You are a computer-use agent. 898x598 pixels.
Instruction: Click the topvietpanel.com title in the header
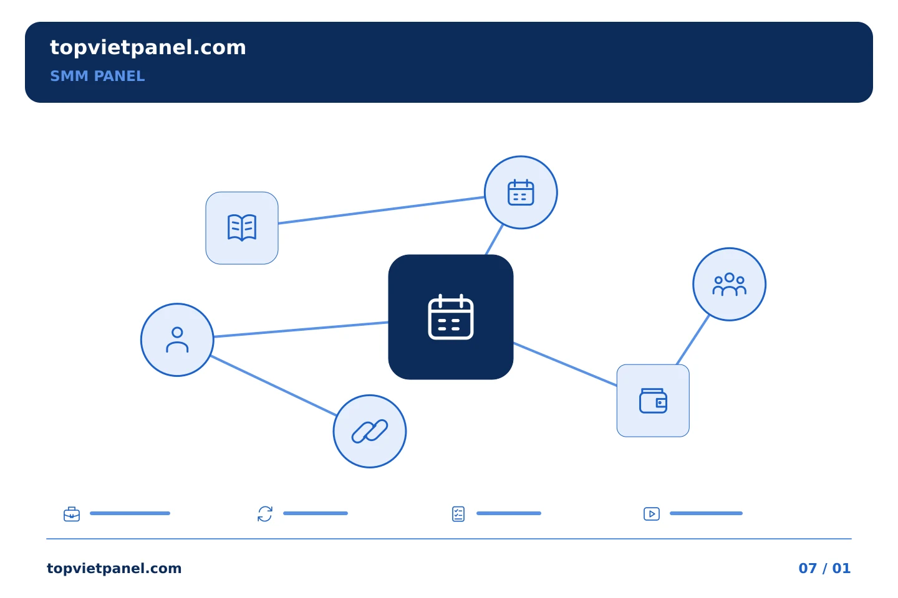coord(148,48)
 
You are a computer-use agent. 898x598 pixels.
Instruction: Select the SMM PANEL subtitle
coord(97,76)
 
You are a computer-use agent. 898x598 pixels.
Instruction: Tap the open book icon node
coord(242,228)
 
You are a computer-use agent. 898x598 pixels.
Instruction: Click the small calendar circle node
coord(521,192)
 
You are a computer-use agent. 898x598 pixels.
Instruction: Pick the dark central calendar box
coord(451,317)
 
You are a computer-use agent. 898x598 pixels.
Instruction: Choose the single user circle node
coord(177,339)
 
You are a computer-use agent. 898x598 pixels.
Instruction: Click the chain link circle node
coord(370,432)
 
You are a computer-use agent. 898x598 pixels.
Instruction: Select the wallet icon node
coord(653,401)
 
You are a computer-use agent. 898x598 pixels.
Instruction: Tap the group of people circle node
coord(729,285)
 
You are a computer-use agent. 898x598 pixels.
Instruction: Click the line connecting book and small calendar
coord(381,210)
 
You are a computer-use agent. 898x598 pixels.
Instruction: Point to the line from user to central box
coord(301,330)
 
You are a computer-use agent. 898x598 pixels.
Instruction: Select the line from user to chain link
coord(273,386)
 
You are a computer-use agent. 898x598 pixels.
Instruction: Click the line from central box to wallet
coord(565,364)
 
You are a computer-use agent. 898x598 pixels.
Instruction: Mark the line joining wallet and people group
coord(693,339)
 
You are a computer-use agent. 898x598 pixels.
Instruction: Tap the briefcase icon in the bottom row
coord(72,514)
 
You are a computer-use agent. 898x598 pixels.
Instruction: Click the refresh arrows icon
coord(265,514)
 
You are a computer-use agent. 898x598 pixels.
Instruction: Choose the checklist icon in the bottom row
coord(458,514)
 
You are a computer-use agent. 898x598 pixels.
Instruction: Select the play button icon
coord(652,514)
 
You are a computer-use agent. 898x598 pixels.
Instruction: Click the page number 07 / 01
coord(824,568)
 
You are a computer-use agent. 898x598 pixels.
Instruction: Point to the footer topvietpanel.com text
coord(114,568)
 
